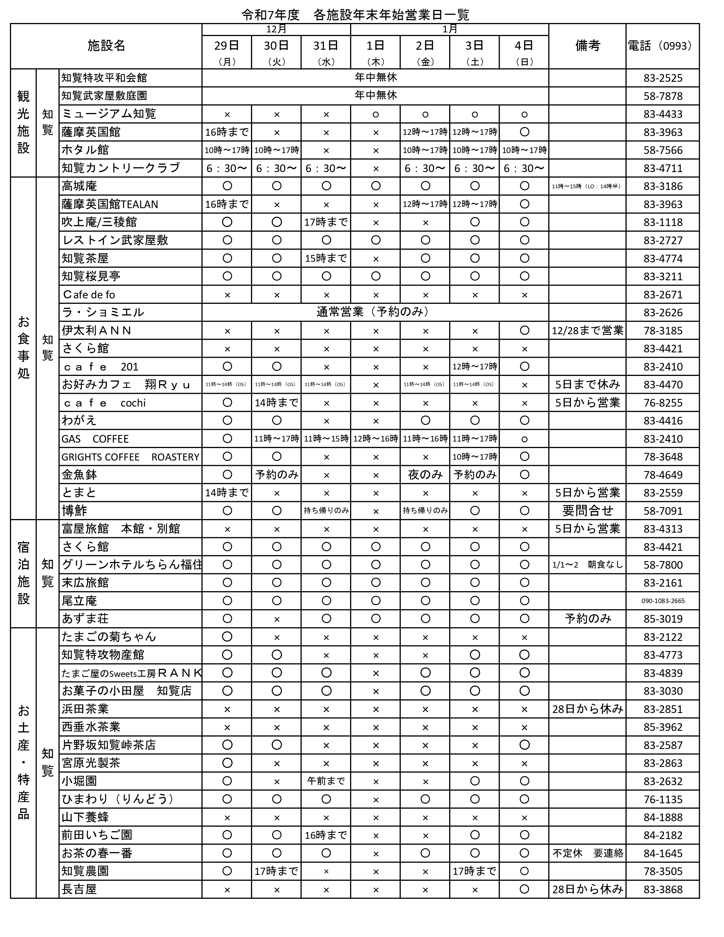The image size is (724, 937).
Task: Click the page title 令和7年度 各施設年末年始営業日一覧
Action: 355,15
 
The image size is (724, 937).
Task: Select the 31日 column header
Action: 326,45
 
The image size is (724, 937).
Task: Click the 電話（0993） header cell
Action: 662,45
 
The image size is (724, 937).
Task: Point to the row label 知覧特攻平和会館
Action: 104,78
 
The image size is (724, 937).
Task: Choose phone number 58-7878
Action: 663,96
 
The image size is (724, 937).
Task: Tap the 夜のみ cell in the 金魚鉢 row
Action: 425,474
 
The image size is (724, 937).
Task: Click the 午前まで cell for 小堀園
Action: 326,781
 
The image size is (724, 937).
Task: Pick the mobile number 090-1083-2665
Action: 663,601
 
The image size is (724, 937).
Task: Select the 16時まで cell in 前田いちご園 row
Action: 326,835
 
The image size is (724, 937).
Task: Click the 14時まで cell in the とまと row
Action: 227,493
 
